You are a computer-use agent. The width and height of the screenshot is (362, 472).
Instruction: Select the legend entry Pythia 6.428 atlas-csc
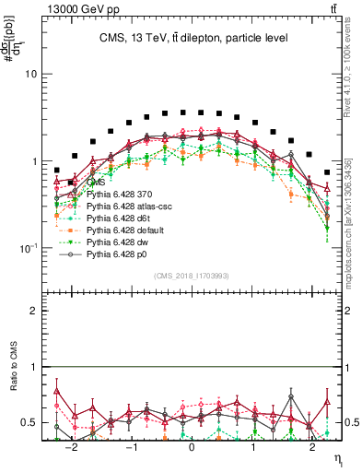point(126,208)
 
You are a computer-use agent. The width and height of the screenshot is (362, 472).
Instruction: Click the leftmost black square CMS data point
point(57,171)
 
